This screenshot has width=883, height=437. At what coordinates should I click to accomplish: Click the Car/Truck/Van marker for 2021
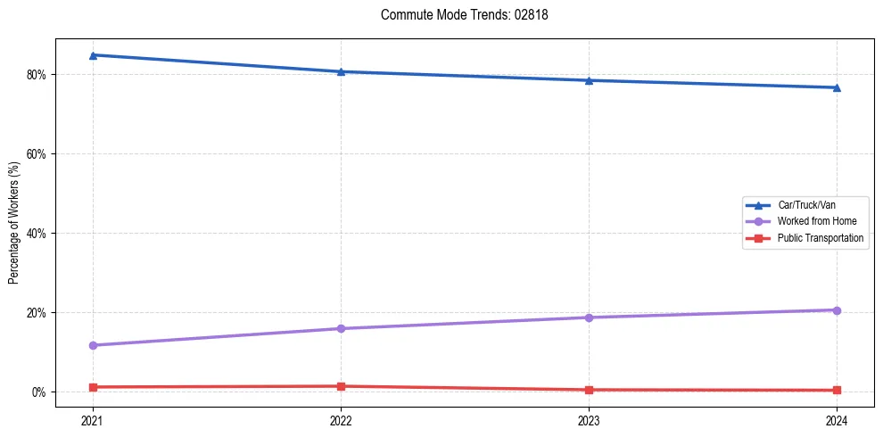tap(93, 55)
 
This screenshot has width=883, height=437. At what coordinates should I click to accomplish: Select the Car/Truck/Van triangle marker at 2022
tap(341, 71)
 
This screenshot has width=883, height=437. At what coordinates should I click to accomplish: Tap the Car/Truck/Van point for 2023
tap(589, 80)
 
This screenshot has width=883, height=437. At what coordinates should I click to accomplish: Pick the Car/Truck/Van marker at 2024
tap(837, 87)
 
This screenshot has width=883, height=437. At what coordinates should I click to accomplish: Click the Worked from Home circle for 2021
tap(93, 345)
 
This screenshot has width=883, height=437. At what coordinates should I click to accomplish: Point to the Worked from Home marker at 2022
tap(341, 328)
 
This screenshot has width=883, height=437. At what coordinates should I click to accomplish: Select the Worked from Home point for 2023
tap(589, 317)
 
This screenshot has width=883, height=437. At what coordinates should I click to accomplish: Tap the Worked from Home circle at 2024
tap(837, 309)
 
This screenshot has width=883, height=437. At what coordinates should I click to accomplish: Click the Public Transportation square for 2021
tap(93, 387)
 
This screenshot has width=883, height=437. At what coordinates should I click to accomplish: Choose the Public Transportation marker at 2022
tap(341, 386)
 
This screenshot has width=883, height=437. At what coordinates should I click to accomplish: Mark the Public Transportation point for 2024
tap(837, 390)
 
